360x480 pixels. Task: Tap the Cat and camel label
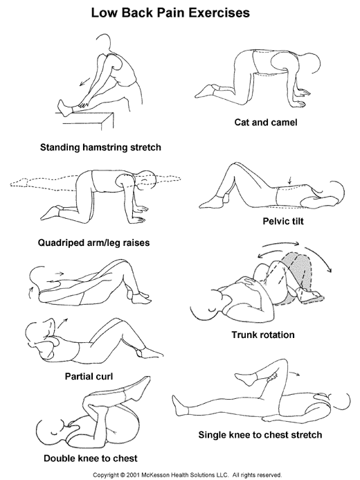[266, 123]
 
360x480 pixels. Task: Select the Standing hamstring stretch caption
[100, 148]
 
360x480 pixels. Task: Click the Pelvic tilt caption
[283, 221]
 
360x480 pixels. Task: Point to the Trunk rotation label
[263, 335]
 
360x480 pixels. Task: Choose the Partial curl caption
[89, 376]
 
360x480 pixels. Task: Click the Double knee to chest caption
[91, 459]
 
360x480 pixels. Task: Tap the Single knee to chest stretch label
[260, 435]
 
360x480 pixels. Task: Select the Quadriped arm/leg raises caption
[93, 242]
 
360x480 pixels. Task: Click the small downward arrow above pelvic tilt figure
[289, 180]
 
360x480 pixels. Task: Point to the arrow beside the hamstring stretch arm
[85, 82]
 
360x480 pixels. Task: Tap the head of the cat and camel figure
[312, 64]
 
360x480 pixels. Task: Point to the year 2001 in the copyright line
[133, 475]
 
